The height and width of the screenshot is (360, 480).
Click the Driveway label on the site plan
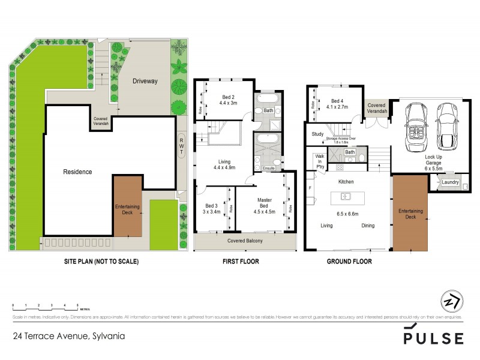[145, 81]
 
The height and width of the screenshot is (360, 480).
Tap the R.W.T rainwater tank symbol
[181, 146]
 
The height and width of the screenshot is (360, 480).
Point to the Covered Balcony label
[245, 241]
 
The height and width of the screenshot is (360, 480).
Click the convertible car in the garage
[416, 127]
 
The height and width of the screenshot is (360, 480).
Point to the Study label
[317, 134]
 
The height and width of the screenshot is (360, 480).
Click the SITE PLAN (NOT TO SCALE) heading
[101, 262]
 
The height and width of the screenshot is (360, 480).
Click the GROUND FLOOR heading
[348, 262]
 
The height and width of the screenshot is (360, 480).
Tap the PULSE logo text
[433, 338]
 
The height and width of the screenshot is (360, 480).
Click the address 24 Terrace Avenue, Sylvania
[69, 336]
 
